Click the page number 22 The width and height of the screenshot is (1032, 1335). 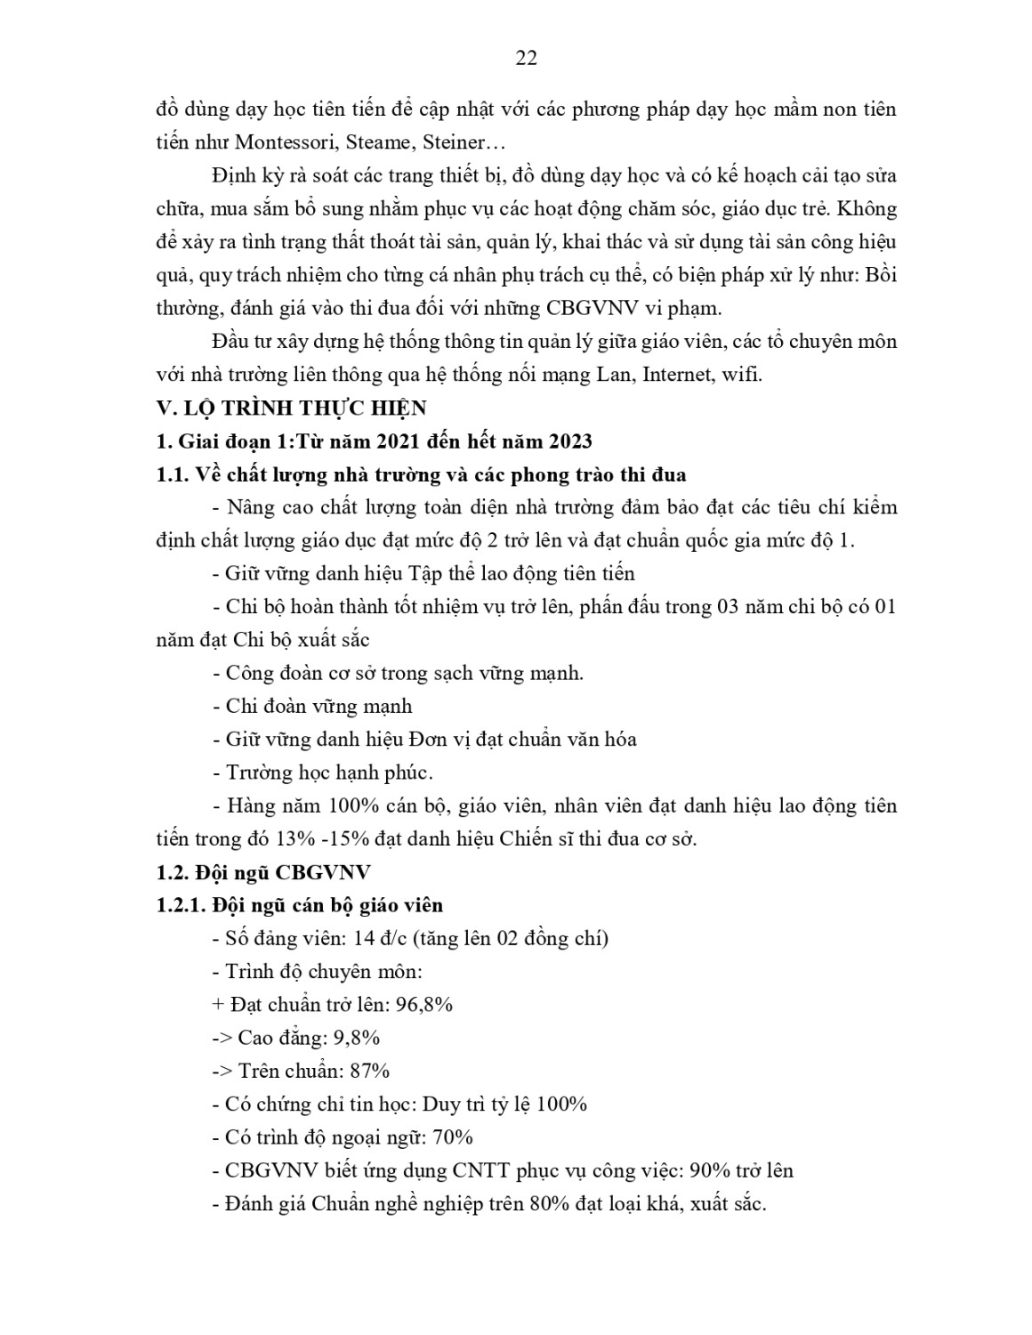pyautogui.click(x=526, y=59)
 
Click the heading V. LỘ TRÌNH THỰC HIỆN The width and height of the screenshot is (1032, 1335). pyautogui.click(x=291, y=408)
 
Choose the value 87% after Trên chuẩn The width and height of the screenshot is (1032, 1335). pyautogui.click(x=369, y=1071)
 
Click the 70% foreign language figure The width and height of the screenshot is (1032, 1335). pyautogui.click(x=453, y=1137)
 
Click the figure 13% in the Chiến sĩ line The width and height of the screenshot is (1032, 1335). pyautogui.click(x=292, y=838)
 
